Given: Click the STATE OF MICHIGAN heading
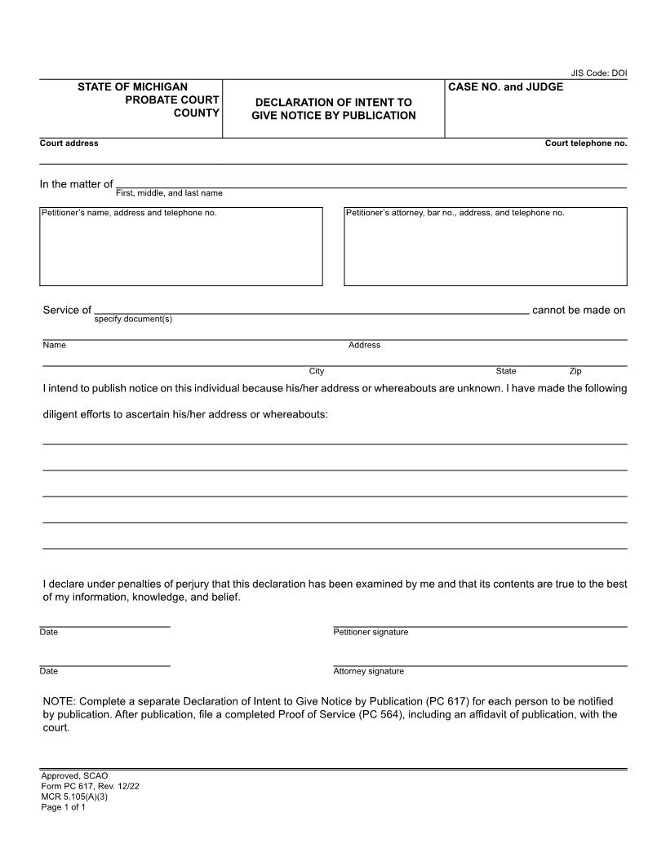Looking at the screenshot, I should click(x=132, y=86).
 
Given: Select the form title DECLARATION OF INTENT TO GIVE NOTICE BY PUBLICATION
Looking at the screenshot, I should click(x=333, y=108).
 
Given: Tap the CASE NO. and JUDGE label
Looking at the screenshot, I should click(x=505, y=86).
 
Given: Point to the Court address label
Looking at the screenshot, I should click(x=69, y=143).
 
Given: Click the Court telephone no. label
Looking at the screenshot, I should click(x=585, y=143).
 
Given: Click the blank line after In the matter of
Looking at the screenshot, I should click(x=371, y=183).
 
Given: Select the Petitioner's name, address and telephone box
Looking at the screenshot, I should click(x=181, y=247).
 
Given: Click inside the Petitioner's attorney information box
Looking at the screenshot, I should click(x=486, y=247).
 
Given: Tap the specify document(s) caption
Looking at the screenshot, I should click(x=133, y=319).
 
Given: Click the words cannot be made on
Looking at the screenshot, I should click(x=578, y=310).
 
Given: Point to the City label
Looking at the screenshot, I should click(x=316, y=371).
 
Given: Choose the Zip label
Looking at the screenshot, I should click(x=575, y=371).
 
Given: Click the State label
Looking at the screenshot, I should click(x=506, y=371).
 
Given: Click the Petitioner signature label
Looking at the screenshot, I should click(x=371, y=632).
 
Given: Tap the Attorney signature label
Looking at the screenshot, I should click(x=368, y=671).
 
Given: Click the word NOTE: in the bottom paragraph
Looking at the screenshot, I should click(x=59, y=701).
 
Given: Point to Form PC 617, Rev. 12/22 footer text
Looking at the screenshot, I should click(x=84, y=786).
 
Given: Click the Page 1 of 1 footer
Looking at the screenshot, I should click(x=64, y=807).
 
